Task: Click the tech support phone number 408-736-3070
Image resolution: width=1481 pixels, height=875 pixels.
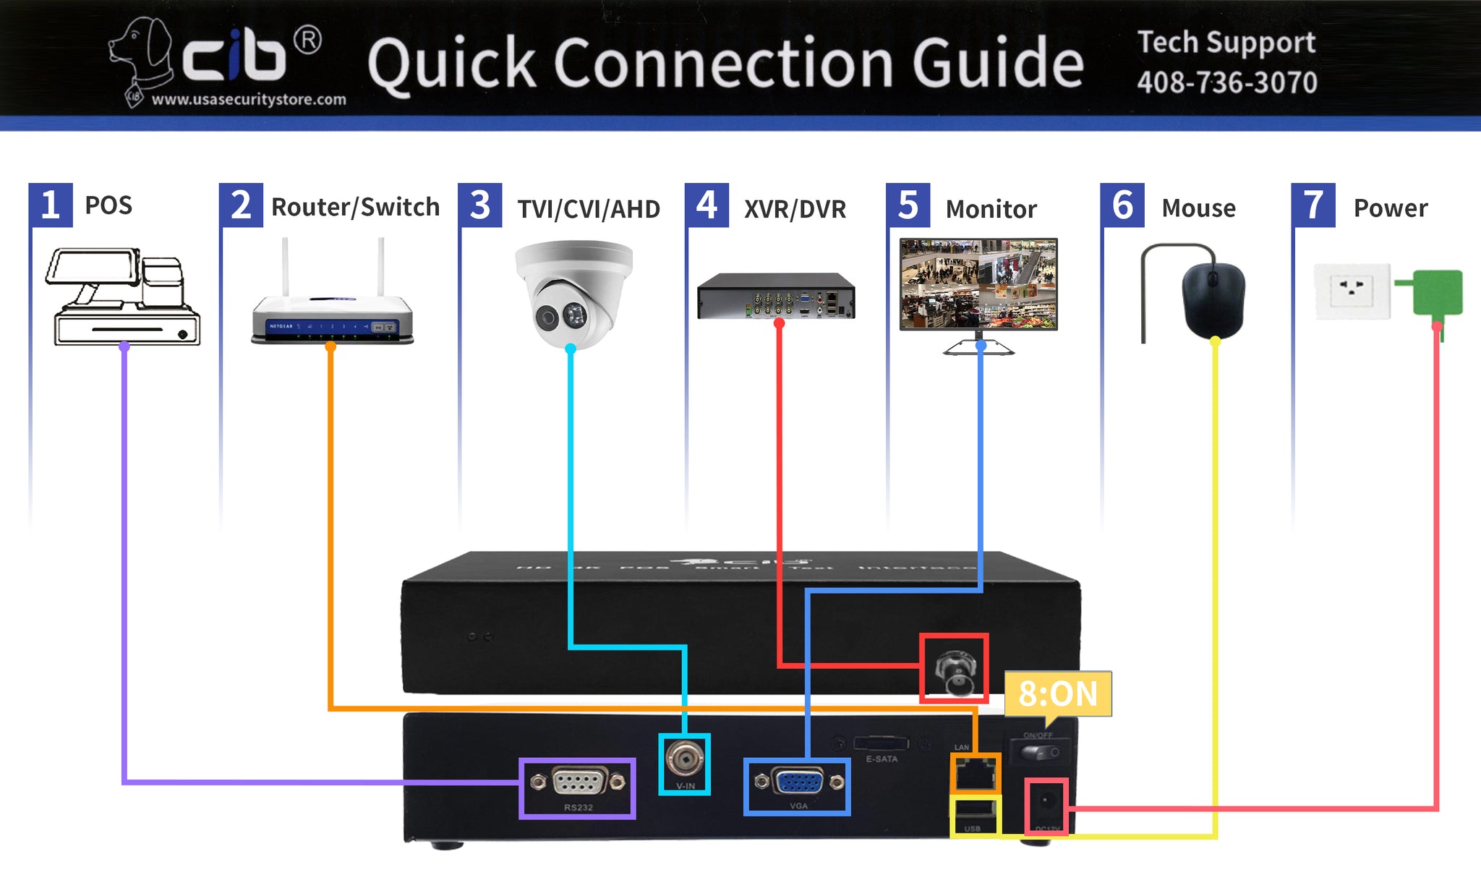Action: click(1226, 82)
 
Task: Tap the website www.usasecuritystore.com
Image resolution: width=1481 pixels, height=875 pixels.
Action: click(249, 99)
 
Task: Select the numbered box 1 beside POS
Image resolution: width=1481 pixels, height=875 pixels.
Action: click(51, 205)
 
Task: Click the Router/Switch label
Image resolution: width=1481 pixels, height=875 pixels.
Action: click(355, 208)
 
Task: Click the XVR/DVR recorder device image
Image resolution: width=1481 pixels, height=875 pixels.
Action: click(776, 296)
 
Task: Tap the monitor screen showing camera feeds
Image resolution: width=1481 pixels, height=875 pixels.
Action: click(978, 283)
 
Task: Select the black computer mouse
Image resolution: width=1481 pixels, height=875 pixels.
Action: click(1213, 299)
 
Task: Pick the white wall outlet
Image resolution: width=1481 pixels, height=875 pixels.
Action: click(1352, 291)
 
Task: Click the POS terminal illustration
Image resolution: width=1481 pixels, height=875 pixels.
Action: click(123, 296)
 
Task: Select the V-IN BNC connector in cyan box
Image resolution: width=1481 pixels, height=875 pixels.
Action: click(684, 759)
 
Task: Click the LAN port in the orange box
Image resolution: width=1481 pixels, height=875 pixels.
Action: click(975, 774)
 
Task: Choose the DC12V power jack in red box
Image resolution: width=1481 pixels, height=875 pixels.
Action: click(1046, 804)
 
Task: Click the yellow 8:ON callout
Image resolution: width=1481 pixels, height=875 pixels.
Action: click(1057, 694)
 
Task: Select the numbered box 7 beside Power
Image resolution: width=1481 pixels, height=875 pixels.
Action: click(1313, 205)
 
